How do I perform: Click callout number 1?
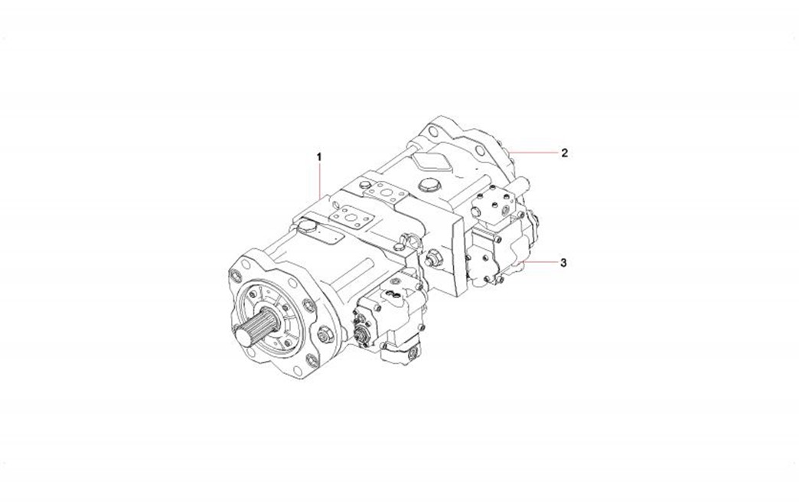(x=319, y=156)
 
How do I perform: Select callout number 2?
(x=565, y=153)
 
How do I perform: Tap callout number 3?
(x=563, y=263)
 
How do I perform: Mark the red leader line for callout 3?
(x=540, y=262)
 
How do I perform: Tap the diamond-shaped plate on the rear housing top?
(x=431, y=163)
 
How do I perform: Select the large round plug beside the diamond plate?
(x=428, y=184)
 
